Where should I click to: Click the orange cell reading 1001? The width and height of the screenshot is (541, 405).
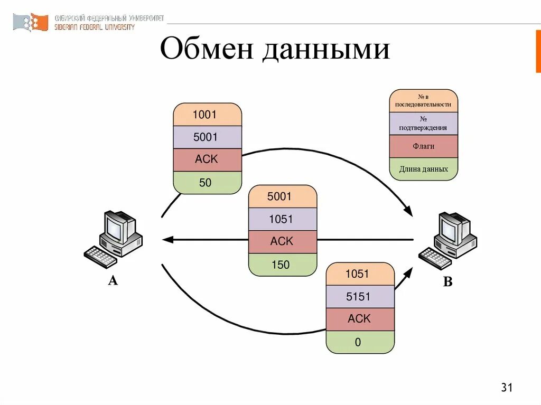coord(207,114)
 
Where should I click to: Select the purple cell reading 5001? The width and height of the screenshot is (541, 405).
coord(207,137)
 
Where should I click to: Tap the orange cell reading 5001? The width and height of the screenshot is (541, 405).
coord(283,196)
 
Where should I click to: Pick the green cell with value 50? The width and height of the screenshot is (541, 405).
coord(207,183)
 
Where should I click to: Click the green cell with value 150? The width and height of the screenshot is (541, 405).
coord(283,265)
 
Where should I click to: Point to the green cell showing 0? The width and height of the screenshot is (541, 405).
coord(360,342)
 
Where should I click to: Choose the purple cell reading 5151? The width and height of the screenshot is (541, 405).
coord(360,297)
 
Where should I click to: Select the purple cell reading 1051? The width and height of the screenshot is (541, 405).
coord(283,219)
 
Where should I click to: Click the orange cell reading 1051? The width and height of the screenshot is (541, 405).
coord(360,274)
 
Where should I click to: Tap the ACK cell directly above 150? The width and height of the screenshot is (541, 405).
coord(283,241)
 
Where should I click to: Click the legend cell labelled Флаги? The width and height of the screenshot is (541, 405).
coord(423,146)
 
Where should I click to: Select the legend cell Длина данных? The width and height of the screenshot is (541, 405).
coord(423,169)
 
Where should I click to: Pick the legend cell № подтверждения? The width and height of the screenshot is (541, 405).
coord(423,124)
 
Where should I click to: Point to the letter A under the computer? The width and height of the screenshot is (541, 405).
coord(113,281)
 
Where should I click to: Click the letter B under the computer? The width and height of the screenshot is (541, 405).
coord(447,282)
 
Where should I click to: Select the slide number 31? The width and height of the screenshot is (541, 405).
coord(507,388)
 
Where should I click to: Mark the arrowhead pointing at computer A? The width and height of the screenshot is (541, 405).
coord(167,240)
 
